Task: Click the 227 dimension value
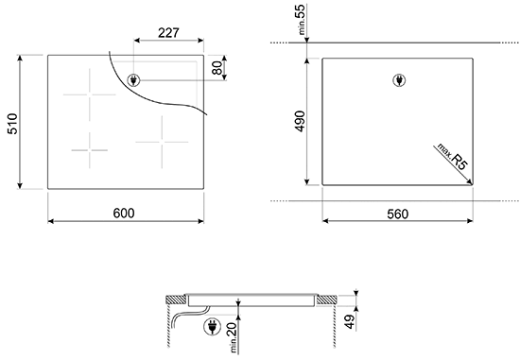click(x=168, y=33)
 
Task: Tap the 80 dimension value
click(x=217, y=68)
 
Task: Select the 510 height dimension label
click(x=12, y=124)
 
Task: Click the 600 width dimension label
click(x=124, y=214)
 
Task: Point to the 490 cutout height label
click(x=300, y=121)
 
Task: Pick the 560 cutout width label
click(x=398, y=214)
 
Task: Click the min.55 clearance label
click(x=301, y=20)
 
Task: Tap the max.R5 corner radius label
click(x=452, y=157)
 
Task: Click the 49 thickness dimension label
click(x=350, y=321)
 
